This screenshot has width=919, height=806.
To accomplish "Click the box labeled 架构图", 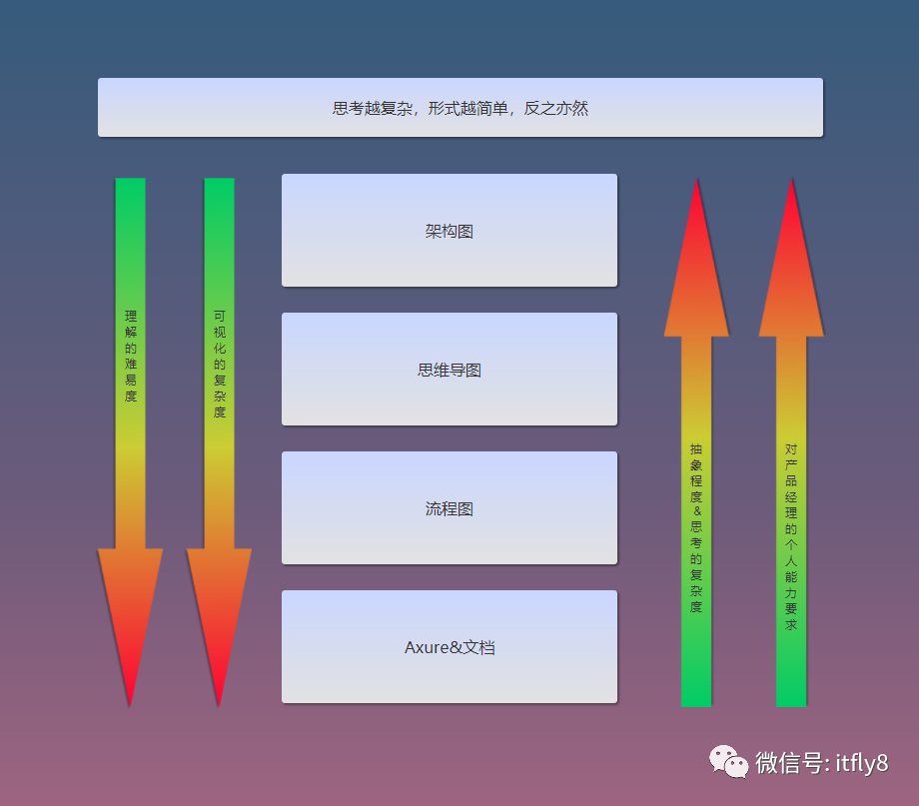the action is [x=450, y=231].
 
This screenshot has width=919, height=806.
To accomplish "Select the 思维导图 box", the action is [x=450, y=370].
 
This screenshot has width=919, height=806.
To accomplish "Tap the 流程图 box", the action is [x=450, y=508].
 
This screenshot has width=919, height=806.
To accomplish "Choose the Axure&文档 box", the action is [x=450, y=646].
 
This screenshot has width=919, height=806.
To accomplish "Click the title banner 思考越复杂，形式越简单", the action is [x=460, y=107].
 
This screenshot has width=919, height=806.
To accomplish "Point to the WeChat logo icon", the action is [x=728, y=761].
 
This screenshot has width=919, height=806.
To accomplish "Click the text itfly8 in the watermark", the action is [x=861, y=763].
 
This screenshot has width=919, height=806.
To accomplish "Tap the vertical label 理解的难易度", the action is [x=130, y=356].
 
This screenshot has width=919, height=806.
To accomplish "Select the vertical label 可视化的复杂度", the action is [x=219, y=364].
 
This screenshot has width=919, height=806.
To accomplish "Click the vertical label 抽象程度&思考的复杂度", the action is [x=696, y=527].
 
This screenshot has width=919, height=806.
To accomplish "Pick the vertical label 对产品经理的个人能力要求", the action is [x=791, y=536].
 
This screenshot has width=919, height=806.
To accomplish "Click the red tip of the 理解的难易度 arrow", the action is [x=130, y=705].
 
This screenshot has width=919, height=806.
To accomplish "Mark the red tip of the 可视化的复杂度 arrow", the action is [x=219, y=705].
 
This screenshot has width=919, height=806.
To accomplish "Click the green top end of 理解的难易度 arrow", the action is [x=130, y=180].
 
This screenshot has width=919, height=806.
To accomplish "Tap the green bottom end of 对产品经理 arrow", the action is [x=791, y=704].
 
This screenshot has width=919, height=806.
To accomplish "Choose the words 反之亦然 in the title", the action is [x=555, y=108].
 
